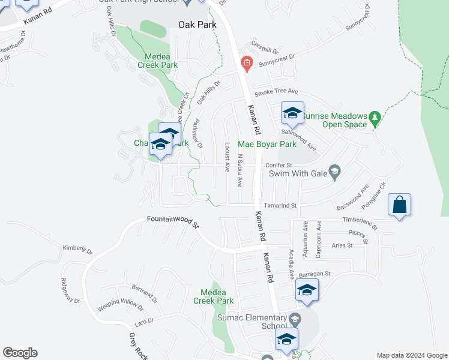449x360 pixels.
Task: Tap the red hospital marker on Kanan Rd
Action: tap(246, 62)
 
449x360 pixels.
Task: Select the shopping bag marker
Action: tap(400, 205)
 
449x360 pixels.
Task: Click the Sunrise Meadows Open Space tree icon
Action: tap(375, 116)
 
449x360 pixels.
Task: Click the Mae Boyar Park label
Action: tap(267, 145)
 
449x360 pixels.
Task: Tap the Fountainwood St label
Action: tap(173, 221)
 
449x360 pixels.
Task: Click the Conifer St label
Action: tap(280, 165)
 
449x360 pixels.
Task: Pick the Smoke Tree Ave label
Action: tap(276, 91)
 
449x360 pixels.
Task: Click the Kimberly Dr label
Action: tap(77, 248)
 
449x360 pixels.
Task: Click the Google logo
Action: tap(20, 353)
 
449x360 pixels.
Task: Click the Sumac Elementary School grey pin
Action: tap(294, 318)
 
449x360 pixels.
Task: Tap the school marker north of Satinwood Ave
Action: tap(292, 112)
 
